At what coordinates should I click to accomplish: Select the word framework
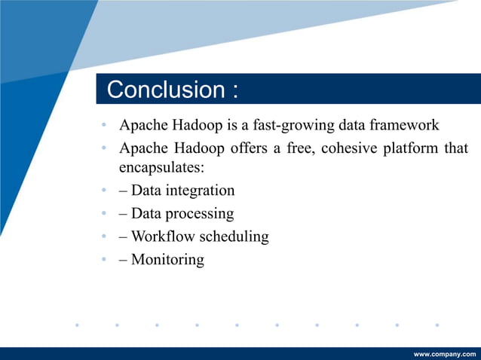pos(406,124)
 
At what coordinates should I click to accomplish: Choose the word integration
pos(198,191)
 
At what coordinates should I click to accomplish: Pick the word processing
pos(199,214)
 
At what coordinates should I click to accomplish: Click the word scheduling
pos(234,236)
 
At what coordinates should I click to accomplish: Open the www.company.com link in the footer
pos(445,353)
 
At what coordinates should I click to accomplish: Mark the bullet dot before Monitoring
pos(103,261)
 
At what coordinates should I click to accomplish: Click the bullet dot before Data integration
pos(103,191)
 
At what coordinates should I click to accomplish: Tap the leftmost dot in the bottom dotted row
pos(76,325)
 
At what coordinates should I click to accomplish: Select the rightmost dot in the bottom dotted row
pos(437,325)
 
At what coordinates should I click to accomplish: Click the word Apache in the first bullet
pos(143,124)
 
